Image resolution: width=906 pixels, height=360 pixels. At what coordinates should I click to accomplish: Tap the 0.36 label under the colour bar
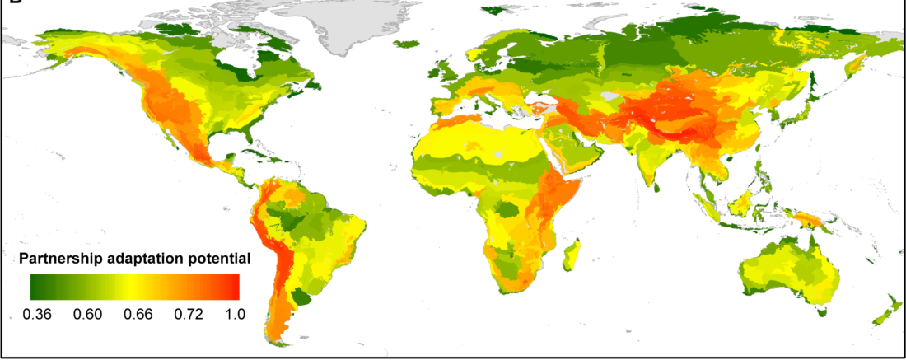tap(39, 314)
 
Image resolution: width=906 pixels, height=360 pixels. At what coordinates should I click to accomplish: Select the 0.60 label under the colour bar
tap(88, 314)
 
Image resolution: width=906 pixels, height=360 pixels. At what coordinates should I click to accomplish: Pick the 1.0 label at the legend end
tap(234, 314)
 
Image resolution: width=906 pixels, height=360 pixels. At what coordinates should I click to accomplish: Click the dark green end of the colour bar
tap(37, 286)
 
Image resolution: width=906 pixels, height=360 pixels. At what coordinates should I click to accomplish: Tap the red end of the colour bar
tap(234, 286)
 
